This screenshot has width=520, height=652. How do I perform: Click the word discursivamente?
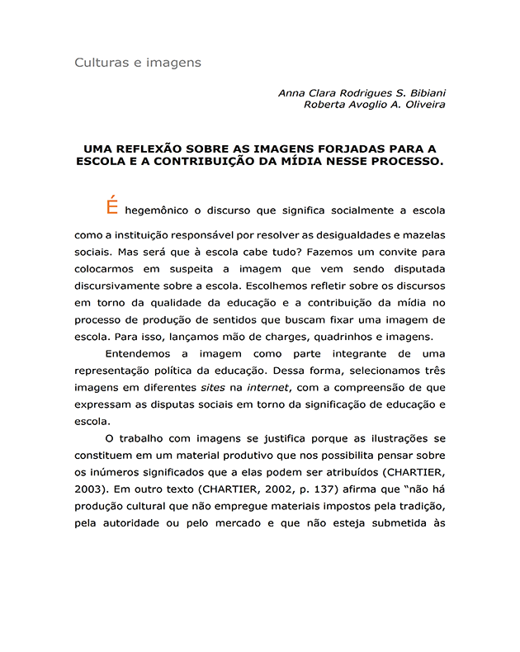pyautogui.click(x=125, y=285)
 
